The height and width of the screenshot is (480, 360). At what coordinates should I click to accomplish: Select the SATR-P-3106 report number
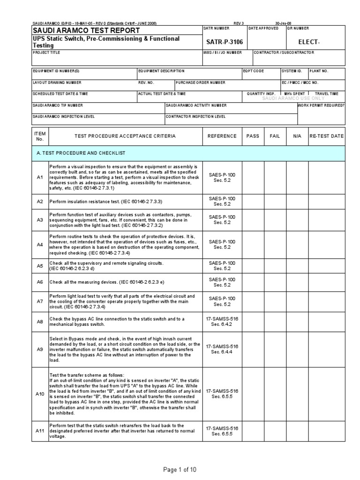pyautogui.click(x=223, y=42)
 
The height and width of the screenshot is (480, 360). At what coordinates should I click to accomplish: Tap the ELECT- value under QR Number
pyautogui.click(x=308, y=42)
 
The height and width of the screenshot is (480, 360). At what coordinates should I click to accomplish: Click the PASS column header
pyautogui.click(x=253, y=136)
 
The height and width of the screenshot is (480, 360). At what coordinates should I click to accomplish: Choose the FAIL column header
pyautogui.click(x=275, y=136)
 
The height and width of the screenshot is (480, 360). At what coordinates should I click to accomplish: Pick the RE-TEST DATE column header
pyautogui.click(x=326, y=136)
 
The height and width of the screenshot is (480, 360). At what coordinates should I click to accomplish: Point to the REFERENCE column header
pyautogui.click(x=222, y=136)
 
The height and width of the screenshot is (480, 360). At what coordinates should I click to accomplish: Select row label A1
pyautogui.click(x=40, y=178)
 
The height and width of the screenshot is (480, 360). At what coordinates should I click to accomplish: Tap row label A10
pyautogui.click(x=40, y=394)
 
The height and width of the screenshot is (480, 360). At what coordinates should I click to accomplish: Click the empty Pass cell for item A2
pyautogui.click(x=253, y=201)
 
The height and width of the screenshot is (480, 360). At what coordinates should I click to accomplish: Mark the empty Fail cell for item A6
pyautogui.click(x=275, y=282)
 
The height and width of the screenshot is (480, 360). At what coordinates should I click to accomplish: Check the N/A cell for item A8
pyautogui.click(x=297, y=322)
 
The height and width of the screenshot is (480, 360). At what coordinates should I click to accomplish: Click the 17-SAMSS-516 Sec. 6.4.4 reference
pyautogui.click(x=222, y=349)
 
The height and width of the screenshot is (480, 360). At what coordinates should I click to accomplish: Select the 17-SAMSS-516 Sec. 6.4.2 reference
pyautogui.click(x=222, y=322)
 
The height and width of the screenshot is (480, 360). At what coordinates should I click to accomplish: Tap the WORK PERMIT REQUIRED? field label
pyautogui.click(x=321, y=105)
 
